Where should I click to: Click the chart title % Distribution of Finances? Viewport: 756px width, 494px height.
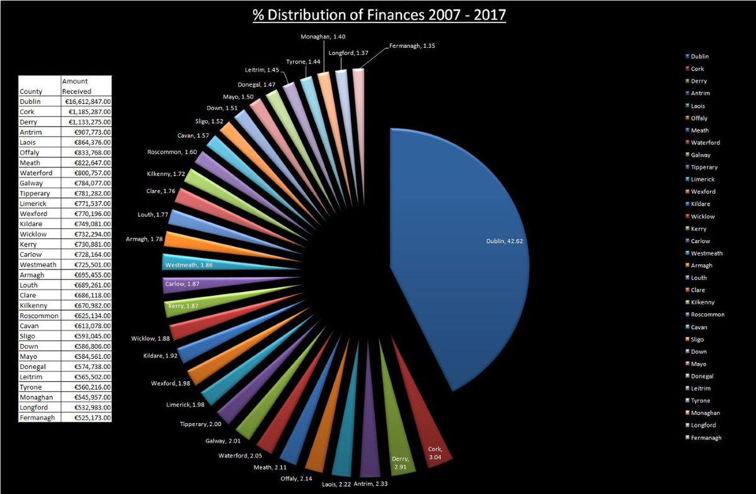379,14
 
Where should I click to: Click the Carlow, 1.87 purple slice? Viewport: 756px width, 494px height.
189,284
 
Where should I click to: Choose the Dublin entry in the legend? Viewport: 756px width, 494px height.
699,57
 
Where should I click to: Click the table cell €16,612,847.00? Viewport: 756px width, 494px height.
86,101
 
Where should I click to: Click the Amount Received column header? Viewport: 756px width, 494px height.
76,86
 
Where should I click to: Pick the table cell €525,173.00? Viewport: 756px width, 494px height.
86,417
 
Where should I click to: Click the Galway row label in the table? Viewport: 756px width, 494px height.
31,183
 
